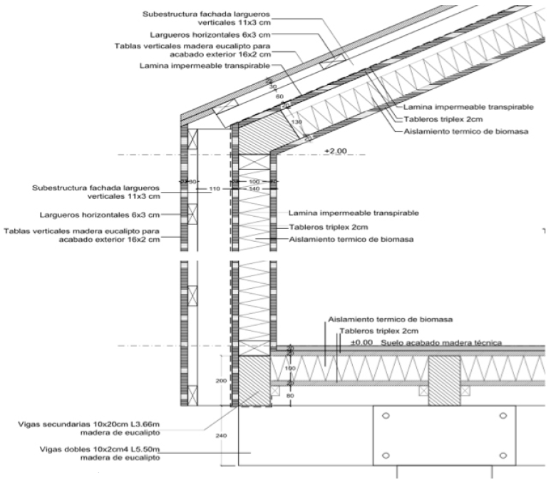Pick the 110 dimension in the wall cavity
pos(212,189)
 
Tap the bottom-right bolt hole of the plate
pos(504,456)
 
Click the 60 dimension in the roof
pos(279,96)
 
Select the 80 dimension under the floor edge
pos(290,394)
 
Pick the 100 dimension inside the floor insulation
pos(290,369)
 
